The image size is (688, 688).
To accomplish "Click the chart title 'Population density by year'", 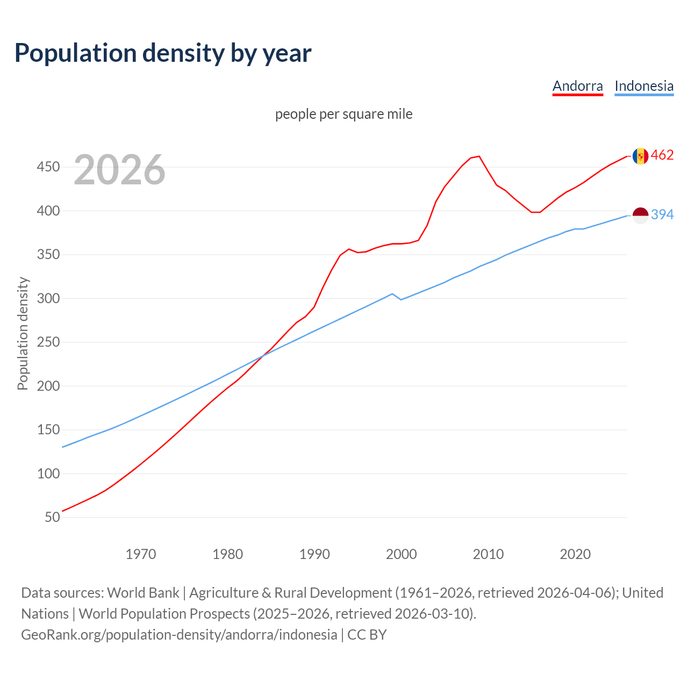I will (x=163, y=53).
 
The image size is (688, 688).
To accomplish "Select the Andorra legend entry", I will (x=577, y=86).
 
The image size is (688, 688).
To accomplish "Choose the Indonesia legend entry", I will (x=643, y=86).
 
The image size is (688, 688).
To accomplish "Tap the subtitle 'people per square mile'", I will (x=343, y=114).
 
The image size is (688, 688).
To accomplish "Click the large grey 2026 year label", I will (x=119, y=170).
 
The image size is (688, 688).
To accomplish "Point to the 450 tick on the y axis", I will (x=48, y=167).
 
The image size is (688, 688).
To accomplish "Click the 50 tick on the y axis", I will (x=52, y=518).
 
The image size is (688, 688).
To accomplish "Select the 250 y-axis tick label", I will (x=48, y=342).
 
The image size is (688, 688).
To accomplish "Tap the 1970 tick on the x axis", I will (x=141, y=554).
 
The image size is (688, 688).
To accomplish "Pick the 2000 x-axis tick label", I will (x=401, y=554).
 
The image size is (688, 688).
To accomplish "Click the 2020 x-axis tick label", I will (x=575, y=554).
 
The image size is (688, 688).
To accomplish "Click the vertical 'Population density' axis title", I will (x=23, y=333).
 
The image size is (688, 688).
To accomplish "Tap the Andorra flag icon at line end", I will (x=640, y=156).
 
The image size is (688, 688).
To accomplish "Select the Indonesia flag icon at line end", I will (x=640, y=215).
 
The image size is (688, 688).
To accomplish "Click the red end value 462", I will (x=662, y=155).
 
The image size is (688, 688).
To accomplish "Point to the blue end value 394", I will (x=662, y=214).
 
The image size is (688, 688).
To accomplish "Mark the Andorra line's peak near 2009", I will (x=479, y=156).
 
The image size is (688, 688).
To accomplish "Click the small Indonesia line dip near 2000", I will (x=401, y=299).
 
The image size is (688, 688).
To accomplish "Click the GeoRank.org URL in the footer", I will (x=179, y=635).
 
